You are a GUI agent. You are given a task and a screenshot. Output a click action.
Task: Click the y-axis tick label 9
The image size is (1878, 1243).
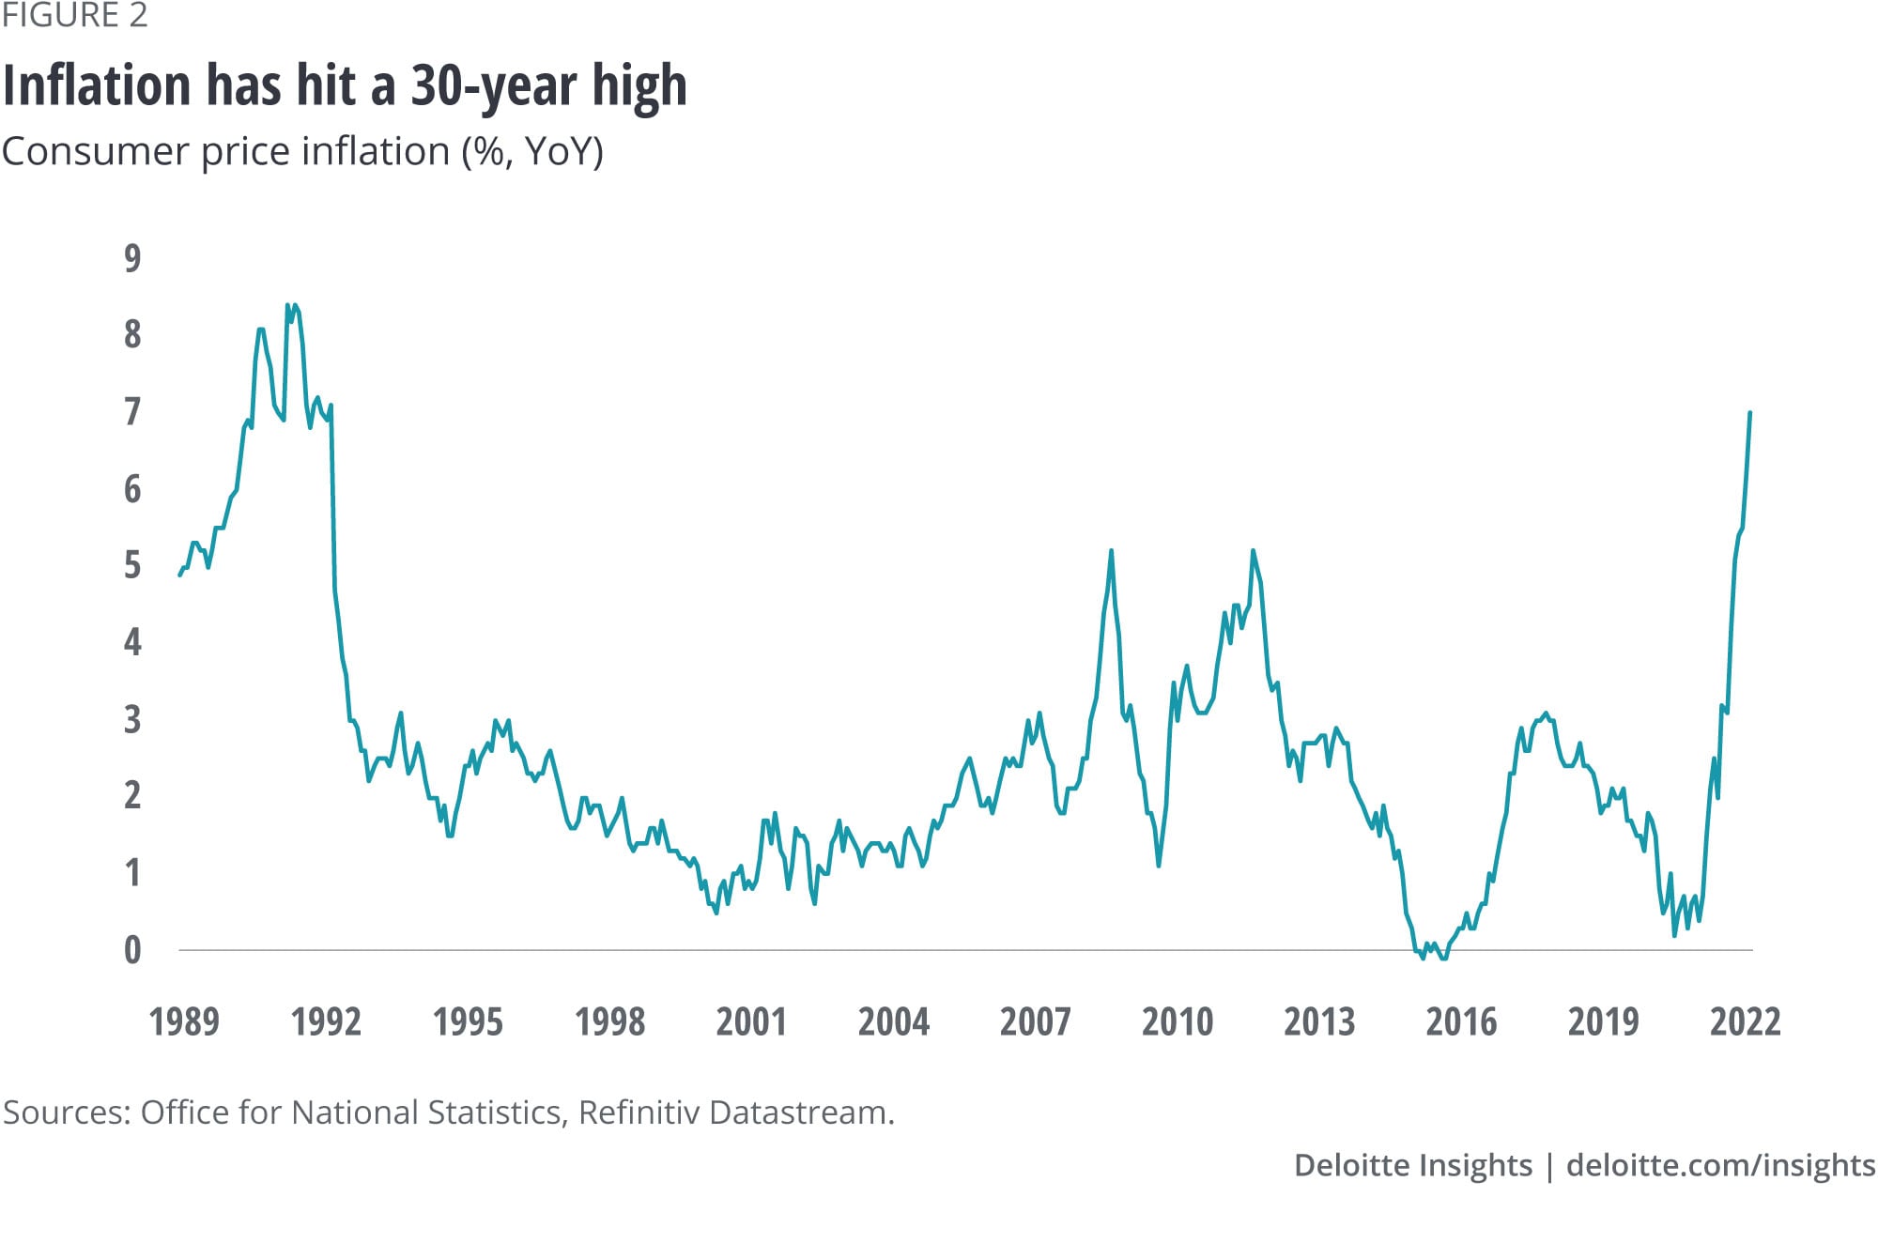pyautogui.click(x=132, y=258)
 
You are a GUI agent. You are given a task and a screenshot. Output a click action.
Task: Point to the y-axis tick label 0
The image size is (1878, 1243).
pyautogui.click(x=132, y=950)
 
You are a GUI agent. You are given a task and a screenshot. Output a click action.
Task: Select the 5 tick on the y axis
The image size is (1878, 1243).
pyautogui.click(x=132, y=565)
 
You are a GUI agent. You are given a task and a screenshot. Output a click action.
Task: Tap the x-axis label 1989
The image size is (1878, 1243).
pyautogui.click(x=184, y=1021)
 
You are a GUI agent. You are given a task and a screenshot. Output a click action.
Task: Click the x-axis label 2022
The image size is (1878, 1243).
pyautogui.click(x=1745, y=1021)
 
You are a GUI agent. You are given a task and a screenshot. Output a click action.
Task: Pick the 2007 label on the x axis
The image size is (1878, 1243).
pyautogui.click(x=1035, y=1021)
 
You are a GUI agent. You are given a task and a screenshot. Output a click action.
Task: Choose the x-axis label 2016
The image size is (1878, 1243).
pyautogui.click(x=1461, y=1021)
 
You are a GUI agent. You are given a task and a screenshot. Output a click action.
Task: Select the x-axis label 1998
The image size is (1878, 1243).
pyautogui.click(x=609, y=1021)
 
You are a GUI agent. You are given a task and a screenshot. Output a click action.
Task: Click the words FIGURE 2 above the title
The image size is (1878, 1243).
pyautogui.click(x=75, y=16)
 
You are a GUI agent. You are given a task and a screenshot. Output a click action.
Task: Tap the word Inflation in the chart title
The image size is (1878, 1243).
pyautogui.click(x=98, y=85)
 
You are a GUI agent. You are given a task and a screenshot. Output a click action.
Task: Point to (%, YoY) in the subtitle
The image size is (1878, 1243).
pyautogui.click(x=531, y=151)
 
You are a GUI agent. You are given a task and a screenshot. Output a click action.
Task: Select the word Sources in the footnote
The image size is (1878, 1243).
pyautogui.click(x=66, y=1113)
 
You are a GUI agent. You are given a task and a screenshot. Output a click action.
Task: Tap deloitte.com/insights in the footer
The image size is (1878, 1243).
pyautogui.click(x=1720, y=1165)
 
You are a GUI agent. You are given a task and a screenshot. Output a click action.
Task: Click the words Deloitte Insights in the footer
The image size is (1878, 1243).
pyautogui.click(x=1412, y=1165)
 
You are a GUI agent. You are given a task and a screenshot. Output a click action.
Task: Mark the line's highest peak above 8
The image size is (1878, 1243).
pyautogui.click(x=288, y=305)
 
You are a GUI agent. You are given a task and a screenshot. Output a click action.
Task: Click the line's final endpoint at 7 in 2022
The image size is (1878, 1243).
pyautogui.click(x=1750, y=413)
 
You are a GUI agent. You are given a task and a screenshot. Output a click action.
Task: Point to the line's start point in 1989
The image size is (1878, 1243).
pyautogui.click(x=180, y=575)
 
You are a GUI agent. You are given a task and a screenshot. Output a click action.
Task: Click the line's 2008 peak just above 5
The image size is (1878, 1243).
pyautogui.click(x=1111, y=551)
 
